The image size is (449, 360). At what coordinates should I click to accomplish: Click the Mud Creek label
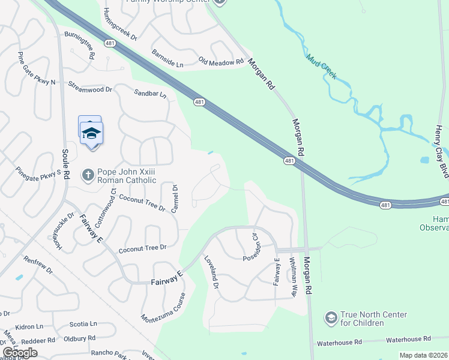(x=321, y=67)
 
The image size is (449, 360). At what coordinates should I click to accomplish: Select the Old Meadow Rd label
(x=221, y=62)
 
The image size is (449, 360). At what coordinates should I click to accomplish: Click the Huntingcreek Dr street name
(x=120, y=25)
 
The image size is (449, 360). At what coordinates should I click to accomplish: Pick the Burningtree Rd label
(x=80, y=45)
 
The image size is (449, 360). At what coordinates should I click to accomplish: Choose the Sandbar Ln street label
(x=150, y=94)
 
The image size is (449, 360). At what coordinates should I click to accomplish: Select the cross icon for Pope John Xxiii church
(x=88, y=174)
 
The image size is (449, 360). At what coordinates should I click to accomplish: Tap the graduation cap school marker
(x=91, y=133)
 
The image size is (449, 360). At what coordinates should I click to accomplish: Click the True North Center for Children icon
(x=330, y=317)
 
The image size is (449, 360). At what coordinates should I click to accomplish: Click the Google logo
(x=20, y=353)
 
